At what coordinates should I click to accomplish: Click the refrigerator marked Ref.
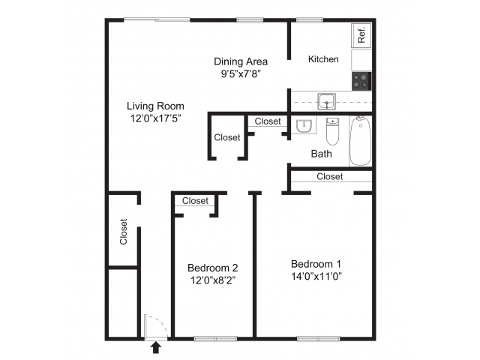[x=361, y=34]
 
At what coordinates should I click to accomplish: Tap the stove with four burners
[x=361, y=79]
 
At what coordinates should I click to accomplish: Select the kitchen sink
[x=326, y=101]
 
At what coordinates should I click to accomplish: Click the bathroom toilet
[x=333, y=131]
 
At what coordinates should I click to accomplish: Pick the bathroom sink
[x=304, y=126]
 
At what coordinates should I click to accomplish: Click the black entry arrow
[x=156, y=346]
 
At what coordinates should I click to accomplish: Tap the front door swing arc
[x=153, y=328]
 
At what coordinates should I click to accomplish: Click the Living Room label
[x=155, y=106]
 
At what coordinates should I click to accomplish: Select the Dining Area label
[x=241, y=61]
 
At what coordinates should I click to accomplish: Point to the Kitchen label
[x=324, y=59]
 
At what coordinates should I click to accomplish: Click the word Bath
[x=322, y=154]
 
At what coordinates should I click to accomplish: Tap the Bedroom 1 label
[x=316, y=263]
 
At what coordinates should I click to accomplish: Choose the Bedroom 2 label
[x=213, y=268]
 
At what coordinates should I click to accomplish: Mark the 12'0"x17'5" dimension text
[x=155, y=118]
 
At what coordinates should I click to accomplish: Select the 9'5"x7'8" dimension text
[x=241, y=73]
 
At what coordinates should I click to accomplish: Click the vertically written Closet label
[x=124, y=232]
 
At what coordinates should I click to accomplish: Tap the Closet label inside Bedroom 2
[x=195, y=200]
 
